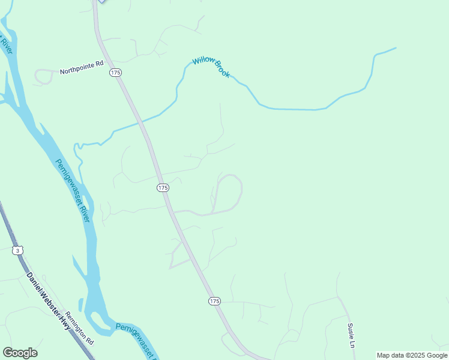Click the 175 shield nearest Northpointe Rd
pyautogui.click(x=116, y=72)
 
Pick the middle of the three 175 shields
pyautogui.click(x=163, y=188)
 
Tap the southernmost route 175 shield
pyautogui.click(x=215, y=301)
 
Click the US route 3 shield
pyautogui.click(x=19, y=250)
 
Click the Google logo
pyautogui.click(x=20, y=353)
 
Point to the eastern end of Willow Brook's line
pyautogui.click(x=395, y=48)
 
